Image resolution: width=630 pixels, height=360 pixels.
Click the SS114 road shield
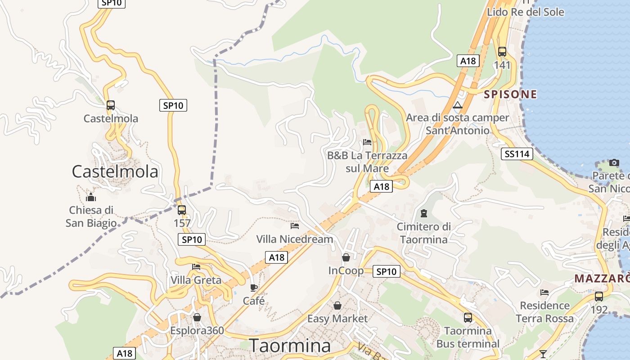tap(517, 154)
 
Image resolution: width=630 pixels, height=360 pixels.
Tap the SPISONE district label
tap(510, 94)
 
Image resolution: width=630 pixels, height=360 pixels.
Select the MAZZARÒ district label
tap(602, 279)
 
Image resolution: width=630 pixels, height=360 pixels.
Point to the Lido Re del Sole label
tap(525, 12)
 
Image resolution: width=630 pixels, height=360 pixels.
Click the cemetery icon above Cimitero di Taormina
tap(423, 213)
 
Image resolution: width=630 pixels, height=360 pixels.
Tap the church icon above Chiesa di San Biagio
tap(91, 197)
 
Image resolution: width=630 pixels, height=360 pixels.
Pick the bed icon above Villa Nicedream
tap(295, 225)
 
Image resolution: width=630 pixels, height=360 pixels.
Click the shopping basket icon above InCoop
tap(346, 257)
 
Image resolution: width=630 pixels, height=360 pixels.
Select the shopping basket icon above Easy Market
tap(337, 306)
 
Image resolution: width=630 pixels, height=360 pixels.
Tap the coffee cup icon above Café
tap(254, 288)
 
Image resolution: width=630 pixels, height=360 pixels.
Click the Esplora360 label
tap(197, 330)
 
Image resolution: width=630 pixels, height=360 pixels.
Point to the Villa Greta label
tap(196, 280)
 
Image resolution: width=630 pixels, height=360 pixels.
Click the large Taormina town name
tap(290, 346)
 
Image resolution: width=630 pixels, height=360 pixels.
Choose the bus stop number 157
tap(182, 223)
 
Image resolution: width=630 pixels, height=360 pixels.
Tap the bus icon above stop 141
tap(502, 51)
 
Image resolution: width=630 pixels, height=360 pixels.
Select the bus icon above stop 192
tap(598, 297)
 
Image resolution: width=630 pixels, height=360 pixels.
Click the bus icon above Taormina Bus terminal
tap(468, 318)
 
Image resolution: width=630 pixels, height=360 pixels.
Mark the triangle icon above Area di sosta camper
tap(458, 105)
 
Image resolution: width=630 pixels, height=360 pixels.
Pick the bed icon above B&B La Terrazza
tap(367, 142)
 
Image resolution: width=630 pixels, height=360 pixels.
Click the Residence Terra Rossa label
tap(544, 312)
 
